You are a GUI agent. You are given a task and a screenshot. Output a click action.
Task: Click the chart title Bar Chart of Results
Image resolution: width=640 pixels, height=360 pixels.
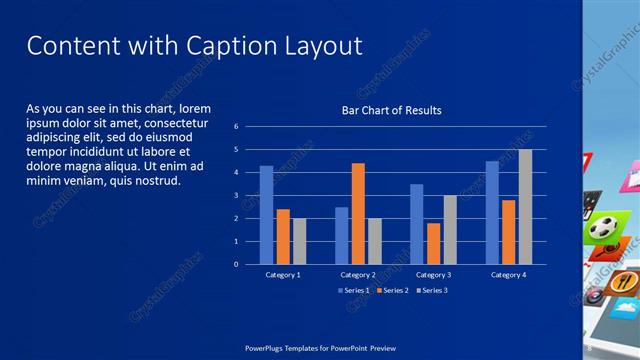(391, 110)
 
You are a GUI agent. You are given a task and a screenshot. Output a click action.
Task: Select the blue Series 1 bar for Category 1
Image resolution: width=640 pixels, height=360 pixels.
(266, 214)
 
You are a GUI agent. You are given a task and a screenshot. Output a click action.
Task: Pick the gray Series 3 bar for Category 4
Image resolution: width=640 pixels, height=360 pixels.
(525, 207)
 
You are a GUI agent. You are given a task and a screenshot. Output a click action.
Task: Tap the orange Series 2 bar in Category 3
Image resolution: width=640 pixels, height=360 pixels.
(433, 243)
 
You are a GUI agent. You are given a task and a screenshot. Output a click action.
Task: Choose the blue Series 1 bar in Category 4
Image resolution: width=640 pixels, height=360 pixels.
(492, 212)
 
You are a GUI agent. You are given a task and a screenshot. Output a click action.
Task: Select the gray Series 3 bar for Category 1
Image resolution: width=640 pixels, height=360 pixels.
(299, 241)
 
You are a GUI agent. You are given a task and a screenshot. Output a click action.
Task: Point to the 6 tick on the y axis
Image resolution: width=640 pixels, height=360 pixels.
(236, 127)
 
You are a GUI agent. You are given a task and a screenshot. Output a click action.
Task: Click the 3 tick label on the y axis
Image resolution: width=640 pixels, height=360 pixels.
(236, 196)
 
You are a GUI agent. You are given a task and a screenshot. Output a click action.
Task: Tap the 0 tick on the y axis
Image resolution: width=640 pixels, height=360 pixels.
(236, 265)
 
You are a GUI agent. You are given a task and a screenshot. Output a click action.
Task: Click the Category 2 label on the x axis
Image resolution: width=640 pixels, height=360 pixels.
(357, 275)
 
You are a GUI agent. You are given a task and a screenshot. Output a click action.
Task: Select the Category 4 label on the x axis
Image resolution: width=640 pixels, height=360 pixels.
(508, 275)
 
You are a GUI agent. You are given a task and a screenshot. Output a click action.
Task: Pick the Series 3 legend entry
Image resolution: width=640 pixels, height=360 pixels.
(431, 291)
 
